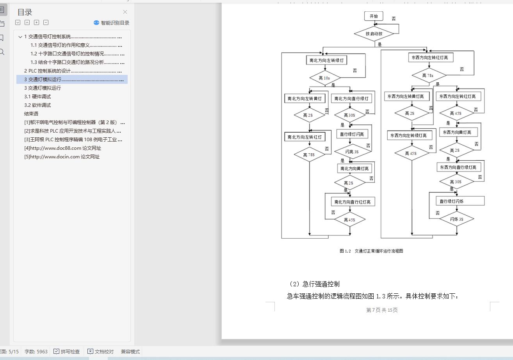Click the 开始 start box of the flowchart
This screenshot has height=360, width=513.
click(x=374, y=16)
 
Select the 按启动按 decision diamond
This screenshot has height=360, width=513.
click(x=374, y=34)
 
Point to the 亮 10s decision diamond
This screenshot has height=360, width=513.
click(x=324, y=78)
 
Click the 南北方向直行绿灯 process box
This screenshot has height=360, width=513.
click(x=351, y=99)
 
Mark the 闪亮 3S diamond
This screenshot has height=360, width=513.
click(x=352, y=151)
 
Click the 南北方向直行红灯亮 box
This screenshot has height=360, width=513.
click(x=354, y=202)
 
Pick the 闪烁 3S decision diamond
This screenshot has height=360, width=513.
click(x=456, y=219)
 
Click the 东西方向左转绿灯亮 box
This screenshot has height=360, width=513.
click(x=410, y=136)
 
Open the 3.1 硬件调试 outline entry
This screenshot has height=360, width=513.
click(x=37, y=97)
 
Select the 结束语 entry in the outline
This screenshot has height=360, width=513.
click(x=31, y=114)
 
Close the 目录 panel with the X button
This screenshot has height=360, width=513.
click(x=125, y=12)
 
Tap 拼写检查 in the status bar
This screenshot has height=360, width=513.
click(x=67, y=351)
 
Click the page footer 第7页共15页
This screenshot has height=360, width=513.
click(x=382, y=310)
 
